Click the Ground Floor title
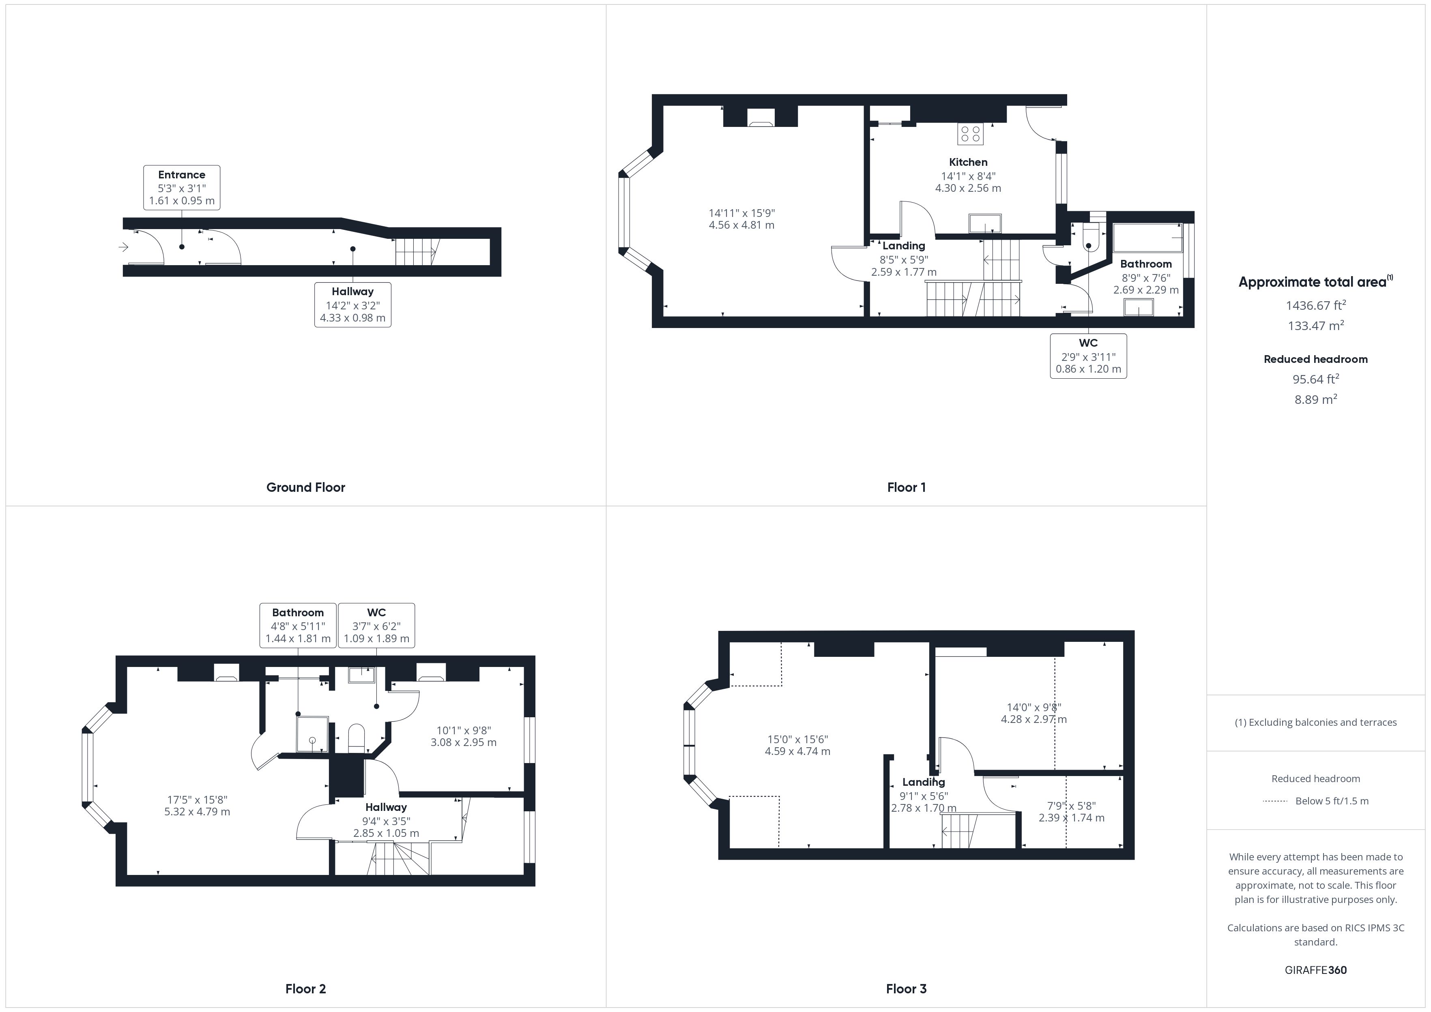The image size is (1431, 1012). [305, 487]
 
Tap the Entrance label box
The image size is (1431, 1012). [181, 187]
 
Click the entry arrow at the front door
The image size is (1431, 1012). [123, 247]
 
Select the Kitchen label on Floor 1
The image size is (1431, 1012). [968, 162]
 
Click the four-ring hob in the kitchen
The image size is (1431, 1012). [970, 133]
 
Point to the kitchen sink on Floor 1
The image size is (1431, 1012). [985, 223]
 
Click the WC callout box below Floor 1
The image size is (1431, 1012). [1088, 356]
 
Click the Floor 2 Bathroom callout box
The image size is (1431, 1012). [298, 625]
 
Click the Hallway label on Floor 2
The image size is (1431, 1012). [386, 807]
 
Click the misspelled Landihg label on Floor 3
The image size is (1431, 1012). [924, 782]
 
